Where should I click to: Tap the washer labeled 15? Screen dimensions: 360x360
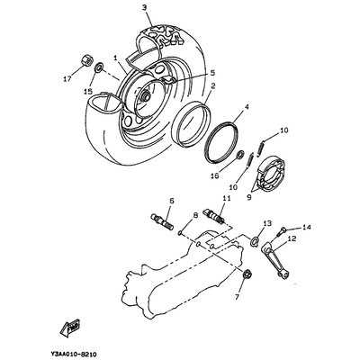point(99,67)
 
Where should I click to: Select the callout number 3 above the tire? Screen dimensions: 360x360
point(144,8)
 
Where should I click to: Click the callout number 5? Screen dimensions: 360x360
point(212,73)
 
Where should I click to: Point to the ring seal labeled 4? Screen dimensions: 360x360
point(221,142)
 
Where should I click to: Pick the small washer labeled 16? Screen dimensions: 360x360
point(240,156)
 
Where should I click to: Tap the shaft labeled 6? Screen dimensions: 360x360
point(162,220)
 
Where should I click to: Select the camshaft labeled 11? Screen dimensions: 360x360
point(214,217)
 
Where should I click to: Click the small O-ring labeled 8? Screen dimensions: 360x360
point(179,232)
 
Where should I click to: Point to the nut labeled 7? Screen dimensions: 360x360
point(247,275)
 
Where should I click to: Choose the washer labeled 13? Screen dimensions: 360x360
point(255,240)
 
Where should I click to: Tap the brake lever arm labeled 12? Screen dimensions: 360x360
point(274,261)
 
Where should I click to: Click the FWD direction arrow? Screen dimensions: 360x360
point(69,327)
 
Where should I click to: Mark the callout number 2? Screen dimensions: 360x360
point(212,86)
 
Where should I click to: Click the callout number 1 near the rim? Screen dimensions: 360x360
point(115,58)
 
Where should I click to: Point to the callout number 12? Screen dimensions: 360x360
point(292,238)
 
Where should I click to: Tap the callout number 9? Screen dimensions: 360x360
point(249,197)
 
